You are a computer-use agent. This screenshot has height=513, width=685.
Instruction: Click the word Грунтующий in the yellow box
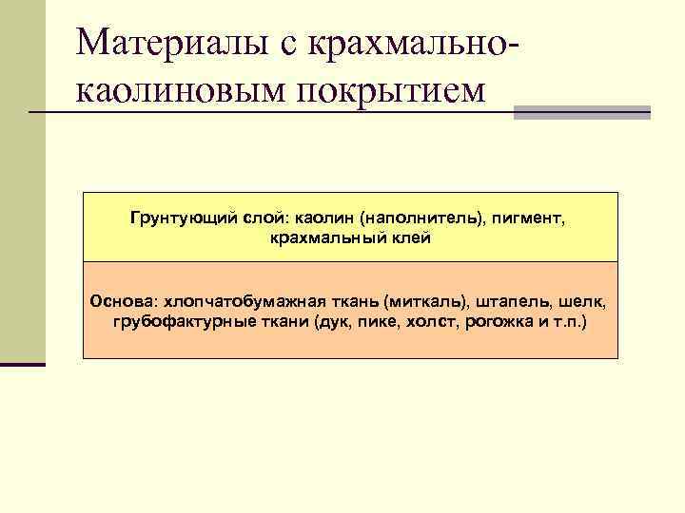(x=174, y=219)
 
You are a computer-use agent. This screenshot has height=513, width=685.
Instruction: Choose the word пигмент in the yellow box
(x=526, y=219)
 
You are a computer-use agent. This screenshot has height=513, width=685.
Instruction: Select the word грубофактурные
(x=178, y=321)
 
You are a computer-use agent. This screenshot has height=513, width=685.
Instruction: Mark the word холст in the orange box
(x=436, y=321)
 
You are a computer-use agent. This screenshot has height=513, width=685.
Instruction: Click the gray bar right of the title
(x=581, y=113)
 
